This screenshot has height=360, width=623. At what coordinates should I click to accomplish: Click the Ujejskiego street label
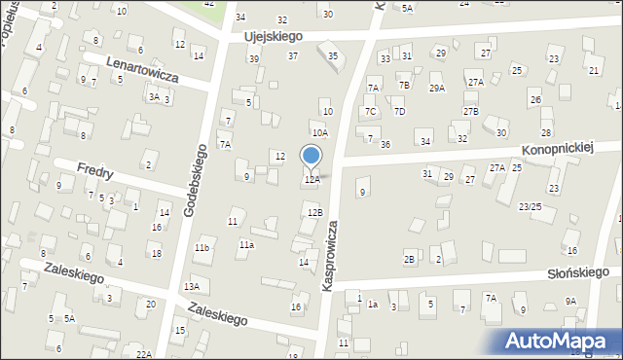click(274, 36)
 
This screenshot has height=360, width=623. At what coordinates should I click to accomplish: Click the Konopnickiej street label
click(557, 148)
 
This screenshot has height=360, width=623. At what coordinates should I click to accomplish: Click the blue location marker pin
click(311, 158)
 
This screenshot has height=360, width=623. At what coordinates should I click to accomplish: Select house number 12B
click(314, 212)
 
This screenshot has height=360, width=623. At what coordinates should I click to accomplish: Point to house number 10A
click(319, 133)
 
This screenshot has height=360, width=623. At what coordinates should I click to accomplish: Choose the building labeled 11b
click(202, 249)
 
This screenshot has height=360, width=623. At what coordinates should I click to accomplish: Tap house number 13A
click(193, 286)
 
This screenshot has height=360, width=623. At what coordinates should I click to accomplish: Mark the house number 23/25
click(530, 206)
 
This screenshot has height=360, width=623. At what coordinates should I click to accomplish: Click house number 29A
click(437, 89)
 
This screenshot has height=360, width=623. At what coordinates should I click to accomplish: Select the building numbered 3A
click(153, 97)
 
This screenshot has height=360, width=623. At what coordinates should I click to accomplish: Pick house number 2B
click(410, 259)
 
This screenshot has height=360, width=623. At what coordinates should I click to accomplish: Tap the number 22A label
click(144, 354)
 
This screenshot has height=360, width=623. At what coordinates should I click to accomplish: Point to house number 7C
click(370, 112)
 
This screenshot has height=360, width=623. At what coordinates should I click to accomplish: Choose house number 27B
click(471, 112)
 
